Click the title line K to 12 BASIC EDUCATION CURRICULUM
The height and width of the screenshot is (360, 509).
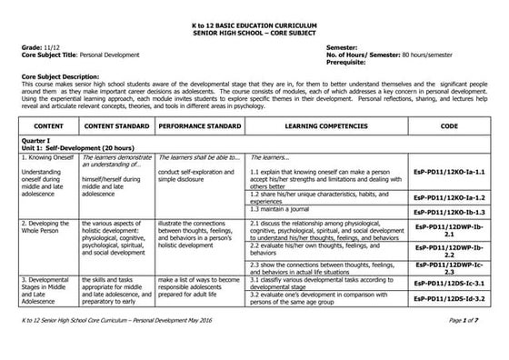[x=254, y=8]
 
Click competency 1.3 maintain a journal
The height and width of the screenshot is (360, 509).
[x=284, y=209]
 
